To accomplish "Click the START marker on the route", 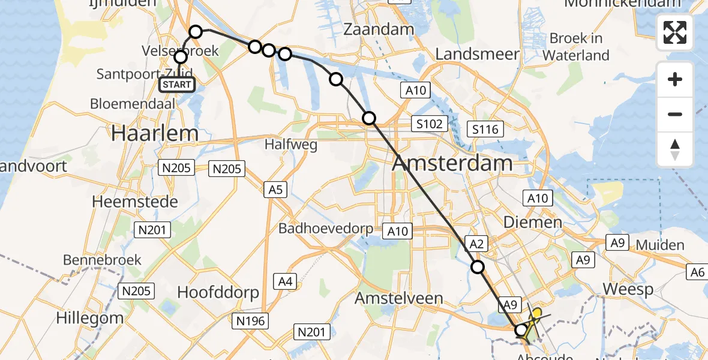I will [x=177, y=85].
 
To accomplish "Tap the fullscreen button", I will [x=675, y=32].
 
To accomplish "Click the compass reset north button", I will [x=675, y=149].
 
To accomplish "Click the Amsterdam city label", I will [x=452, y=163].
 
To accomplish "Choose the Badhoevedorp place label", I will [x=326, y=229].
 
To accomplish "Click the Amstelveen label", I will [x=398, y=298].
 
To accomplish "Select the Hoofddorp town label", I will [x=218, y=292].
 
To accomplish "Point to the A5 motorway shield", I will [x=275, y=190].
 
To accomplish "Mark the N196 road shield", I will [x=250, y=321].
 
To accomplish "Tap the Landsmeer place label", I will [x=476, y=54].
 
